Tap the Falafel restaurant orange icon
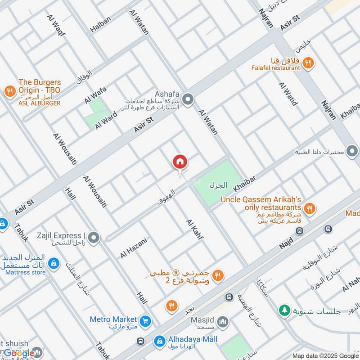[308, 63]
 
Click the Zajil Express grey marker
[94, 237]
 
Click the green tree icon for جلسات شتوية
[284, 310]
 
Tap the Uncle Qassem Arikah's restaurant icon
[309, 208]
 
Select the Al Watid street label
[288, 94]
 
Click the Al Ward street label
[106, 120]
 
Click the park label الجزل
[218, 185]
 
